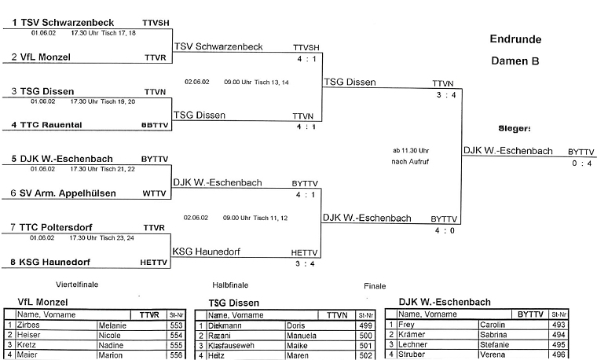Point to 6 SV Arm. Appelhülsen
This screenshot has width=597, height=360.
click(x=64, y=193)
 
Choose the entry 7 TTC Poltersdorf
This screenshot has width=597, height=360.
click(x=57, y=227)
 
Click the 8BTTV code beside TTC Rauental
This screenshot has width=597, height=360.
click(x=154, y=125)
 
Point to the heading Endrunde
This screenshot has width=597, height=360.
click(x=516, y=39)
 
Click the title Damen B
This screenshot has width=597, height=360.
click(x=516, y=60)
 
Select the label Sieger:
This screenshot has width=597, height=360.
click(x=515, y=127)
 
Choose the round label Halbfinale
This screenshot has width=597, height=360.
click(x=230, y=285)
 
